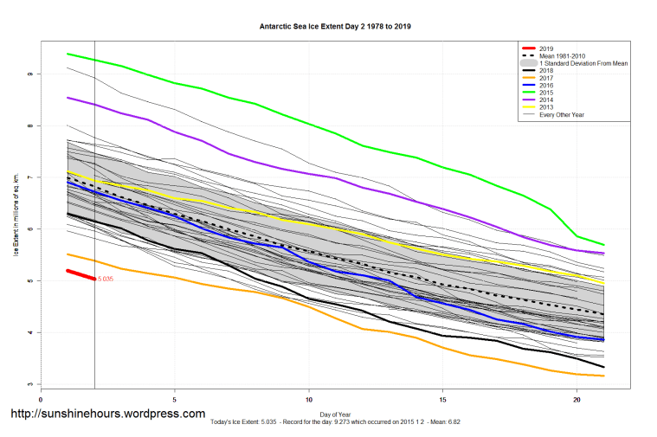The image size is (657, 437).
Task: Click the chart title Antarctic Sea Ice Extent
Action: (335, 26)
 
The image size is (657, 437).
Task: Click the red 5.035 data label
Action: (106, 279)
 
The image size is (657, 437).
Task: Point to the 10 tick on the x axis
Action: (309, 400)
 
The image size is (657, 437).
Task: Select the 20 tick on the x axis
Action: (576, 400)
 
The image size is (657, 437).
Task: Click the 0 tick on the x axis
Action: (41, 400)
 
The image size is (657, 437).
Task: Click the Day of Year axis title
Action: (335, 415)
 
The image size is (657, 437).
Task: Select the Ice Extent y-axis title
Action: (15, 229)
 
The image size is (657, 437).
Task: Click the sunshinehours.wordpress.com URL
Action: (107, 414)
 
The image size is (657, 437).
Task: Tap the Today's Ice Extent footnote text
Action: (335, 424)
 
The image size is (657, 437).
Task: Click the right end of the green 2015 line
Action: (603, 245)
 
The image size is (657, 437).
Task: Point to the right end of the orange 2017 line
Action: (603, 376)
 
